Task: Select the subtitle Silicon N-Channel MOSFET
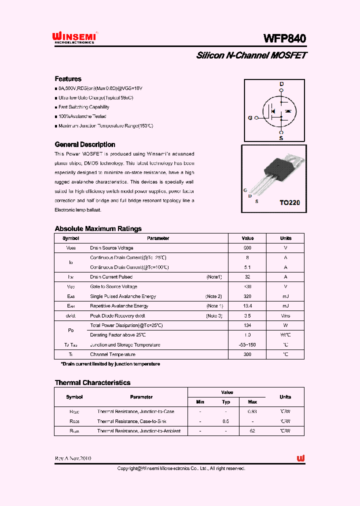point(251,55)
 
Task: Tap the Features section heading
point(68,79)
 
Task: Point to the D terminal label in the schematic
point(281,84)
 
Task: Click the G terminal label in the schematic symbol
point(250,118)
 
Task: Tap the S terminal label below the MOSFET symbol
point(281,137)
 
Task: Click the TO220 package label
point(289,203)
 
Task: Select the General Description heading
point(84,144)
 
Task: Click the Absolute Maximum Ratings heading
point(98,228)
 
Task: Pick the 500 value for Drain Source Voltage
point(247,248)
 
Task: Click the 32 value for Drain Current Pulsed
point(247,277)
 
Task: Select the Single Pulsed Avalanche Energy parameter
point(123,296)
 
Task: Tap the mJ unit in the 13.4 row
point(285,306)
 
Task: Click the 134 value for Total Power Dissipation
point(247,325)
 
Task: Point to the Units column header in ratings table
point(285,238)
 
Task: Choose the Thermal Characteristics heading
point(92,382)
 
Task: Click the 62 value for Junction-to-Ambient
point(252,431)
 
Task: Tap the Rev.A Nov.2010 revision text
point(73,458)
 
